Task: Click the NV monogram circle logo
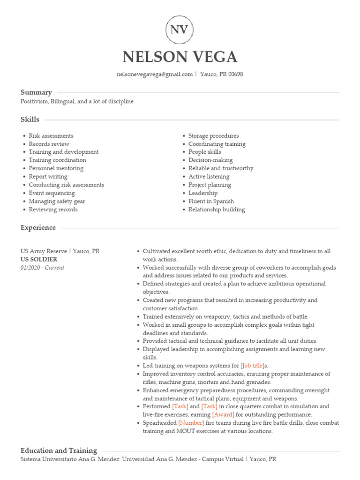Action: (180, 30)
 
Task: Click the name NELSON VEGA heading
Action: (180, 57)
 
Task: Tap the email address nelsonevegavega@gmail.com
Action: (154, 75)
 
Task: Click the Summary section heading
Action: (36, 92)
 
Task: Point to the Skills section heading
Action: (30, 120)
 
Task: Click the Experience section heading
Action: (38, 228)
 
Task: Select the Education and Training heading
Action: (59, 450)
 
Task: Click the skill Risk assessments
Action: (51, 136)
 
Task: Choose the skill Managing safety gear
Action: (57, 202)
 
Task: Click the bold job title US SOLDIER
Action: (39, 259)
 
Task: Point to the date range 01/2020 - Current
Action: (42, 268)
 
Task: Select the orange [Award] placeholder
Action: (223, 415)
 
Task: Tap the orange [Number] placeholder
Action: (191, 423)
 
